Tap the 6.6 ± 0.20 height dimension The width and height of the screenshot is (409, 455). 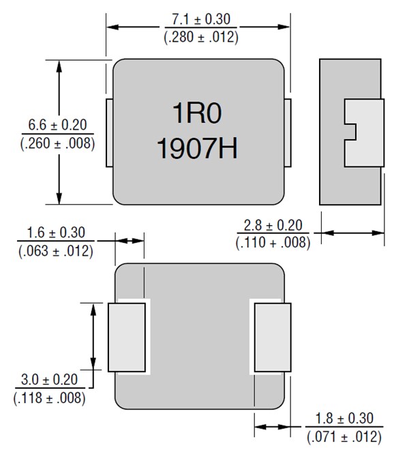click(57, 125)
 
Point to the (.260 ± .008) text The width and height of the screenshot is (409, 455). click(57, 143)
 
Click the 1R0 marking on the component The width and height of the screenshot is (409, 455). click(196, 115)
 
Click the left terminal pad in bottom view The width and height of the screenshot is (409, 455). click(127, 337)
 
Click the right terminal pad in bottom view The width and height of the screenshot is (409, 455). click(272, 337)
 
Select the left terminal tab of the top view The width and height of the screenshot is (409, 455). click(109, 132)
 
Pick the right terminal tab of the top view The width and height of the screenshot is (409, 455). click(288, 132)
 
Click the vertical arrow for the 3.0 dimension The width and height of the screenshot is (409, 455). click(92, 336)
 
